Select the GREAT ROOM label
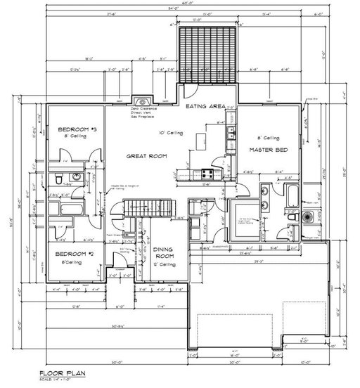click(146, 157)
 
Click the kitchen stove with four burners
click(208, 172)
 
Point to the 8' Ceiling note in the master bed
click(267, 138)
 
